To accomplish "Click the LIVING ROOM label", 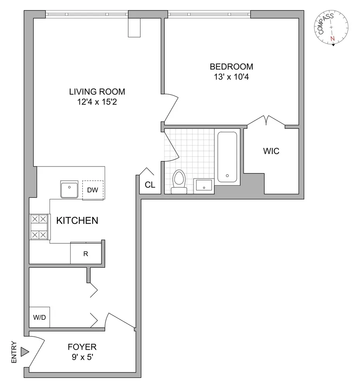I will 97,92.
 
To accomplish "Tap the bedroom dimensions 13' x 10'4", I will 231,76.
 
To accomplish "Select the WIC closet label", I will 271,151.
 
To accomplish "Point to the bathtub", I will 227,157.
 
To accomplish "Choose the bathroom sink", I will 204,185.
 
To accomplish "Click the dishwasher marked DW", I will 93,190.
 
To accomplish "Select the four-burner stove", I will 40,227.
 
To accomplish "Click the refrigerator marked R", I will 86,254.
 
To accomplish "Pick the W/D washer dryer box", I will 39,317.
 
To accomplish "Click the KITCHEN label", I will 77,221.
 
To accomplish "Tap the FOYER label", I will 82,347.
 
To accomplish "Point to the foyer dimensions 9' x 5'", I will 82,357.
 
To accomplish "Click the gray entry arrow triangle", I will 25,352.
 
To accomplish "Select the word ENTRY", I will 14,352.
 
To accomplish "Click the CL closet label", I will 150,185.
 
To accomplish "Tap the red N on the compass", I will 332,39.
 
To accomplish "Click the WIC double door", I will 266,121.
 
